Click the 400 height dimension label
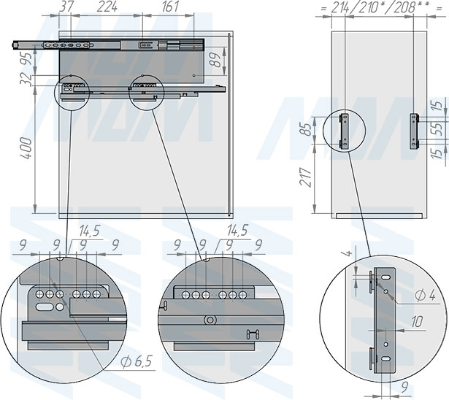tap(26, 148)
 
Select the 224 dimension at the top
tap(107, 7)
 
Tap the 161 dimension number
tap(171, 7)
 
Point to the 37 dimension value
tap(65, 7)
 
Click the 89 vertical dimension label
tap(217, 60)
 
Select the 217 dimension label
tap(306, 177)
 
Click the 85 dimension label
tap(306, 129)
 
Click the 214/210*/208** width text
tap(373, 8)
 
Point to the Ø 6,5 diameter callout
tap(136, 362)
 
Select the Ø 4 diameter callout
tap(425, 295)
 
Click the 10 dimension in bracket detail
tap(417, 322)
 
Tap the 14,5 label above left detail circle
tap(90, 230)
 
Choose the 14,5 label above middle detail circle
tap(237, 230)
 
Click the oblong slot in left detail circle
tap(45, 307)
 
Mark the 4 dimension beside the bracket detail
tap(348, 254)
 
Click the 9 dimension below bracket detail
tap(404, 388)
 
